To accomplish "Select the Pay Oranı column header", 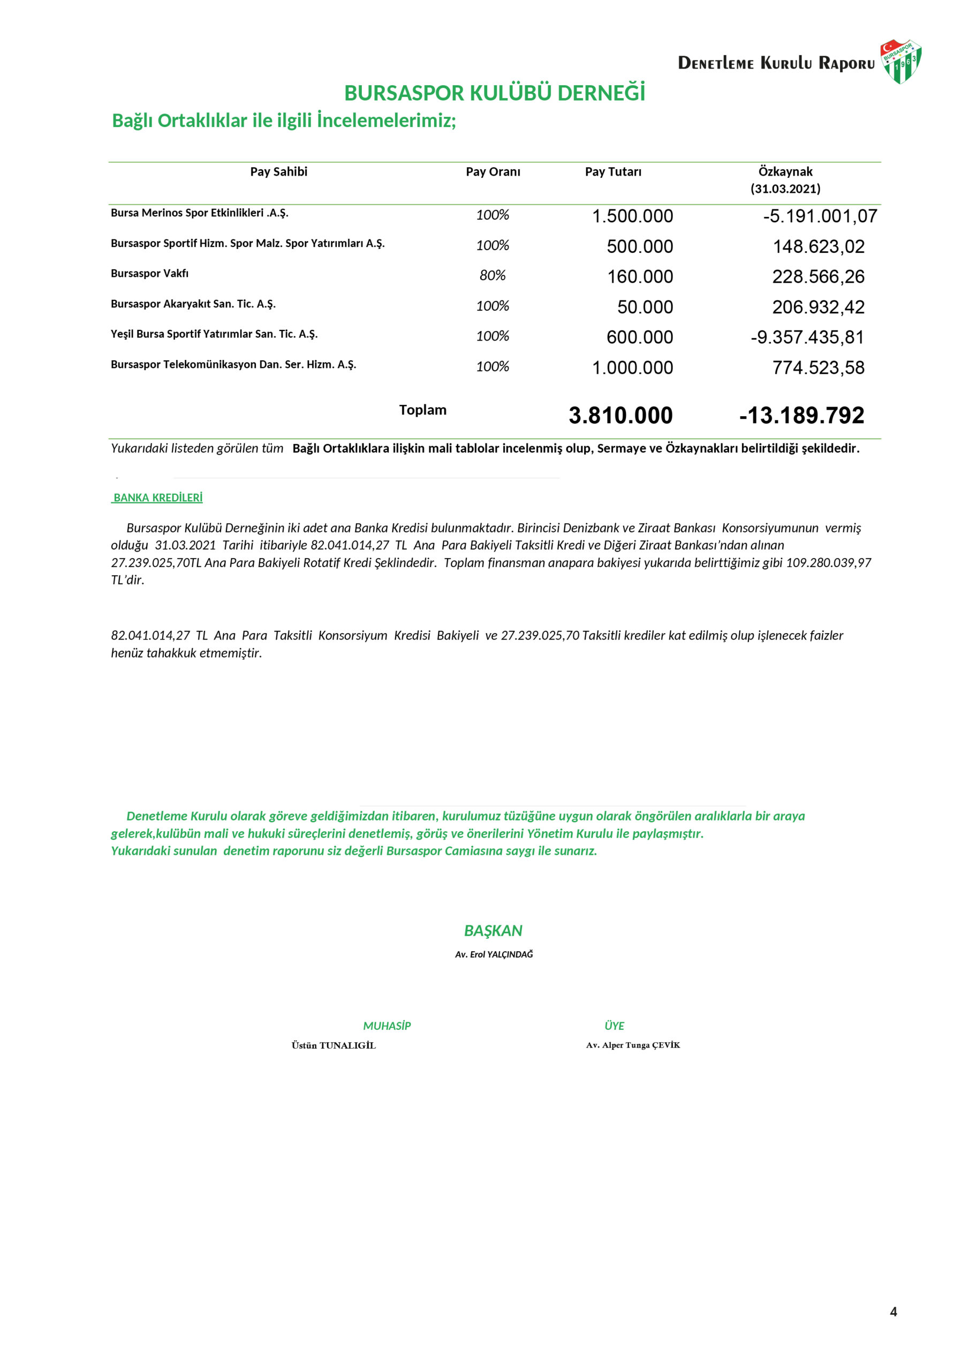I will pos(493,172).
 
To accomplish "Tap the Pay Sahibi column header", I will pos(278,172).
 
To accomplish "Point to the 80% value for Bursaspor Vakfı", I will pos(492,275).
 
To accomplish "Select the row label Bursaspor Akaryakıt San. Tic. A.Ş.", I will pos(193,304).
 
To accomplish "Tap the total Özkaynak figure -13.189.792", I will pos(801,416).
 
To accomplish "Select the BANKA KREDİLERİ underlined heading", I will pos(157,498).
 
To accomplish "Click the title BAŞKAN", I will pos(493,931).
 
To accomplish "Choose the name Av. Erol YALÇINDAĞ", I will pos(493,955).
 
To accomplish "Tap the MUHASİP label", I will pos(387,1027).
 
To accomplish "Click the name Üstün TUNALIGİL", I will pos(333,1045).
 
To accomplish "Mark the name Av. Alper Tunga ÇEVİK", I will pos(632,1045).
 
